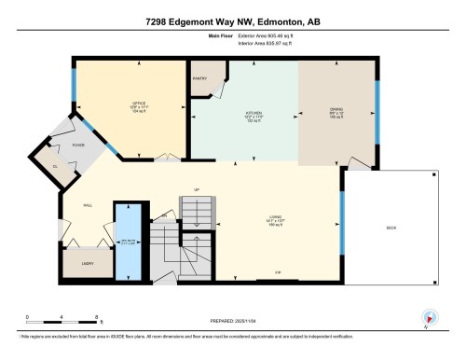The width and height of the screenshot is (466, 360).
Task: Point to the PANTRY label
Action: [x=199, y=79]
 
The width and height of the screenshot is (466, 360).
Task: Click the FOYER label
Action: [x=78, y=145]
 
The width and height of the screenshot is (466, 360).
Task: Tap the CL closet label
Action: [x=55, y=166]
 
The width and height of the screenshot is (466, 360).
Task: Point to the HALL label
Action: [x=88, y=205]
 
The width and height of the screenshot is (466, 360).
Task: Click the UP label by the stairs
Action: [x=196, y=190]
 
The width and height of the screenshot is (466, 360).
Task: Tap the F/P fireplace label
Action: [x=278, y=272]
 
